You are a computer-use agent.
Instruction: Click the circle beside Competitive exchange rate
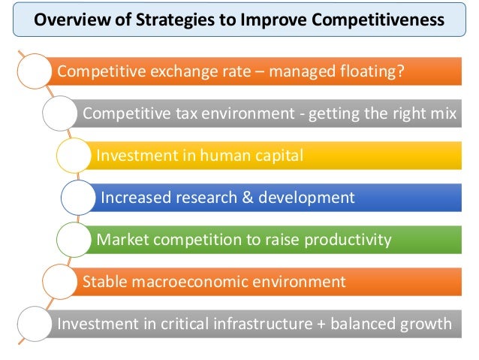(31, 73)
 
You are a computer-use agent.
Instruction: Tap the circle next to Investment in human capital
(74, 156)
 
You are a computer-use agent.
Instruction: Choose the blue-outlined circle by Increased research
(80, 198)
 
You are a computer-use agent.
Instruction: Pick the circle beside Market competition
(74, 240)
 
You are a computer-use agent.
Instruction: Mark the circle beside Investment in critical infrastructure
(31, 324)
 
